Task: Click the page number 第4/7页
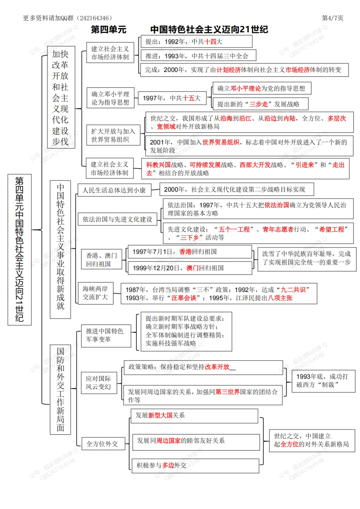coord(332,18)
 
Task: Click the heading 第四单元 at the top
coord(109,30)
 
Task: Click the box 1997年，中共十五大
coord(172,98)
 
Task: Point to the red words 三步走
coord(259,104)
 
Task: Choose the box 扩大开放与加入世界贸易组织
coord(113,135)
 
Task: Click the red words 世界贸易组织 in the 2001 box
coord(221,142)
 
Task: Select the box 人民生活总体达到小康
coord(114,190)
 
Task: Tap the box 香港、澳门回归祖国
coord(102,260)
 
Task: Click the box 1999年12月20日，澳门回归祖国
coord(190,268)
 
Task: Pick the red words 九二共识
coord(293,290)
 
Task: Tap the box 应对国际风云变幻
coord(99,383)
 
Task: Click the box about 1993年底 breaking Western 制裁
coord(323,381)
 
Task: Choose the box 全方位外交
coord(103,444)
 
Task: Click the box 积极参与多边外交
coord(195,465)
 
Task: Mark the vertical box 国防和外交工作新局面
coord(60,389)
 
